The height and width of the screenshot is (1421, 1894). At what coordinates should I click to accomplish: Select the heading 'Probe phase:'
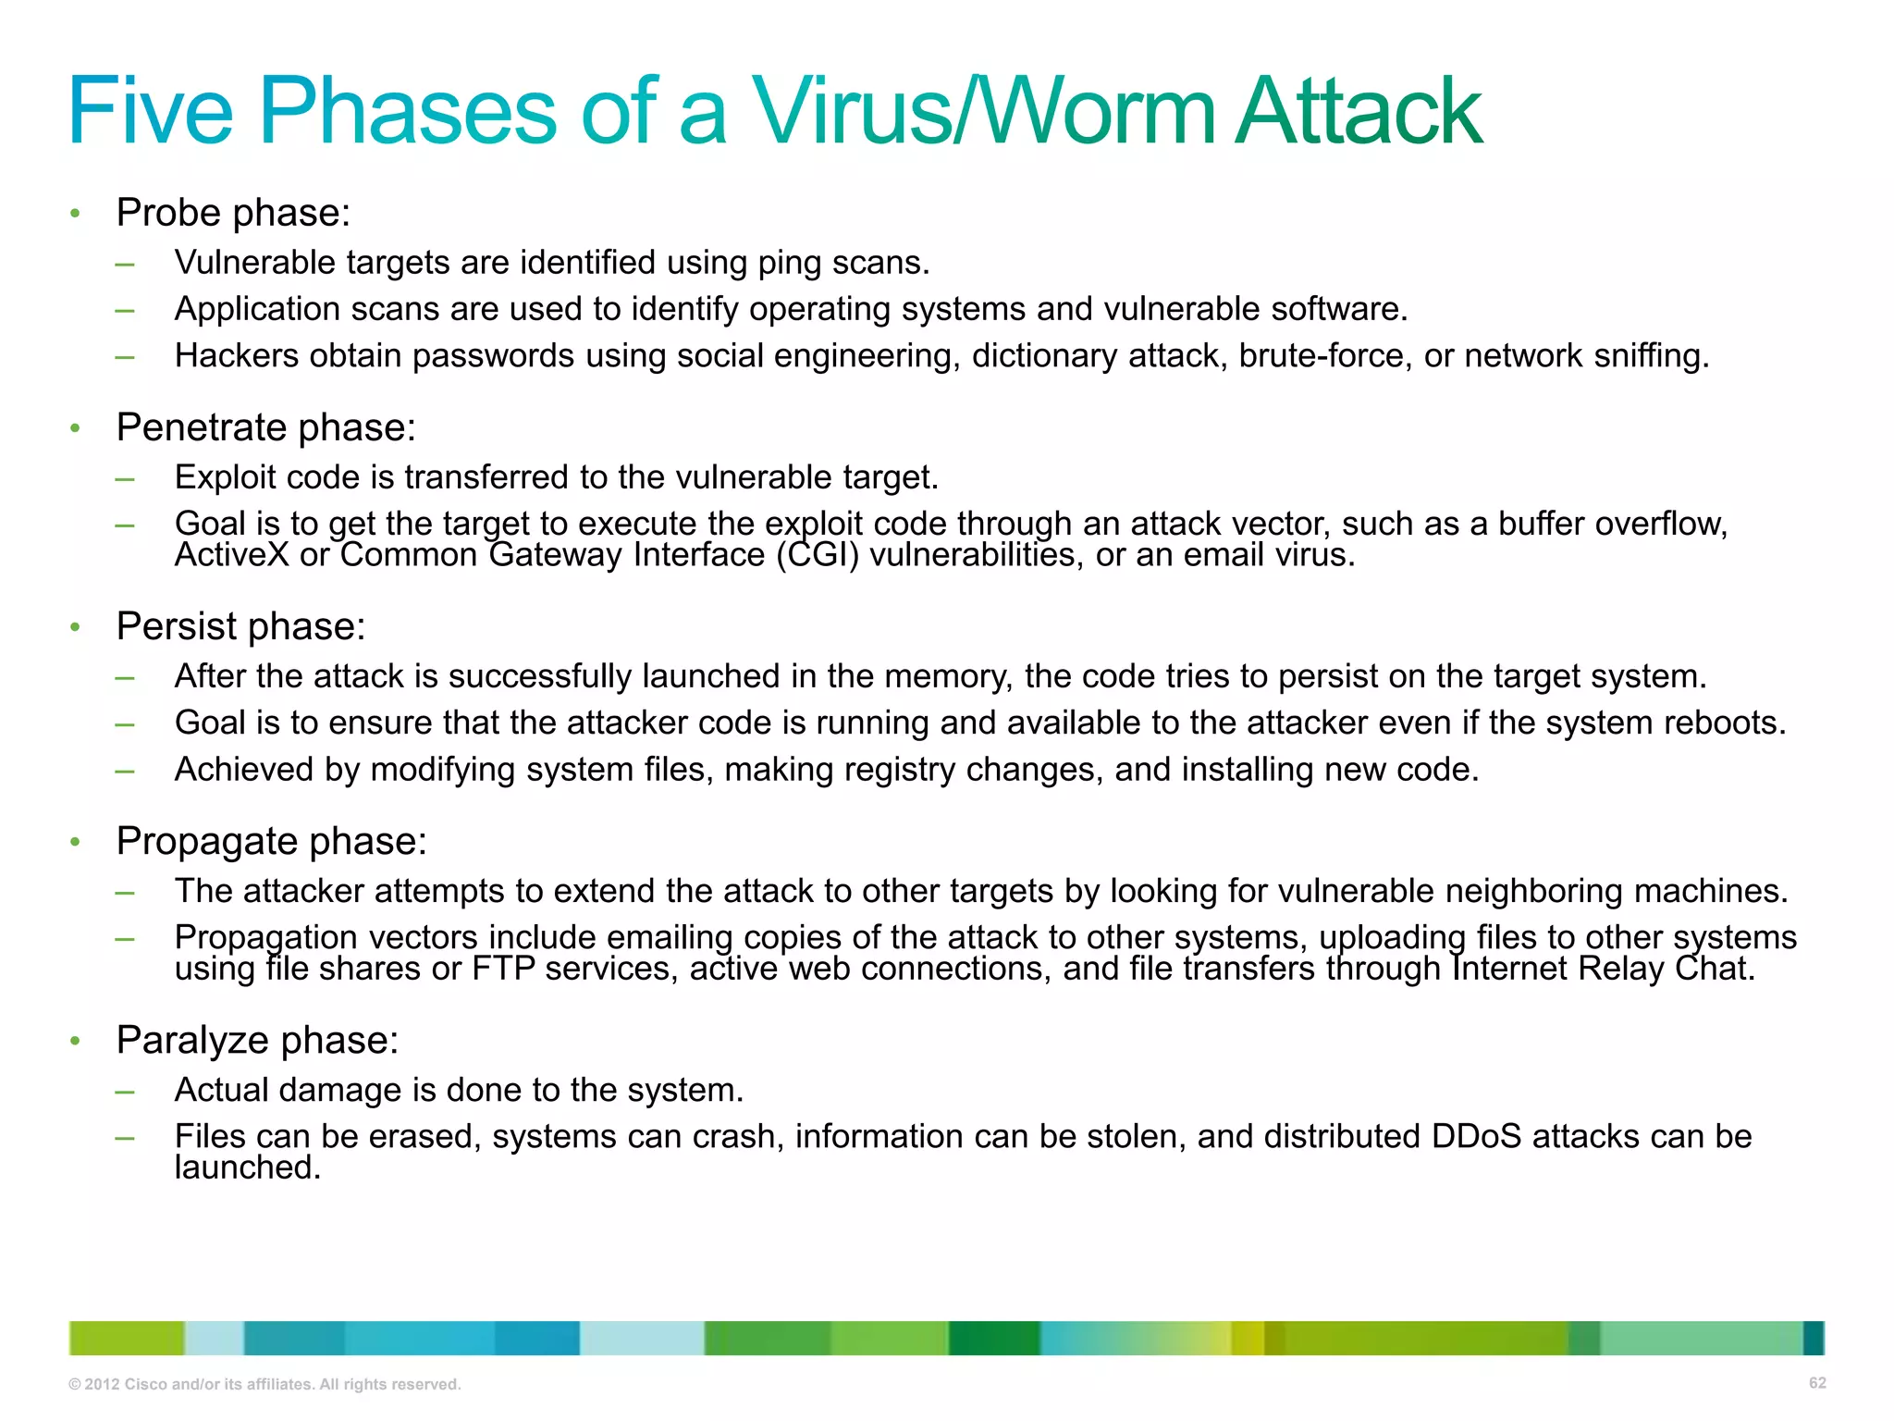click(233, 213)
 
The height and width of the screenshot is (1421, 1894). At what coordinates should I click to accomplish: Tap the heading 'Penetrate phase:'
click(266, 427)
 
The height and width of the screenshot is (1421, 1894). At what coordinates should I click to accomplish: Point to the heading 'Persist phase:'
click(240, 626)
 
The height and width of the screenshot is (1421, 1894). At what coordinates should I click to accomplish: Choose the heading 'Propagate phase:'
click(271, 841)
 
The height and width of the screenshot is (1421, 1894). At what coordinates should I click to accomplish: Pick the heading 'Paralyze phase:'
click(257, 1040)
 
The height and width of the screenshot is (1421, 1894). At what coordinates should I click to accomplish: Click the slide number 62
click(1817, 1383)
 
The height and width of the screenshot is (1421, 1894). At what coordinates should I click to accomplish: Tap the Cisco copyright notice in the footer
click(264, 1384)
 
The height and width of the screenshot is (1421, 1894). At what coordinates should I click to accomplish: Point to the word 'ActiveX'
click(232, 555)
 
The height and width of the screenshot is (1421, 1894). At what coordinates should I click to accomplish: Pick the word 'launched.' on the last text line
click(248, 1168)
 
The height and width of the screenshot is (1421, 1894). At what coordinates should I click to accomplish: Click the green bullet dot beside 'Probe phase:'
click(76, 214)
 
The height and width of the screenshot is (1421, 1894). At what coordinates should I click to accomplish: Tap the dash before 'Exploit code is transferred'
click(125, 478)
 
